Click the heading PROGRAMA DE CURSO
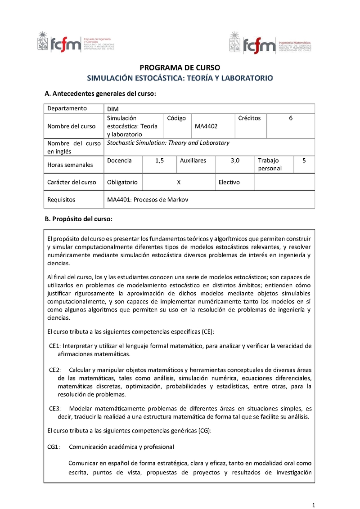pos(180,68)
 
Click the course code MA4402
pos(206,126)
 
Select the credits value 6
pos(291,118)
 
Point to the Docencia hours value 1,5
pos(159,160)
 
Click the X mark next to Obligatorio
pos(179,182)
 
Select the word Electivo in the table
pos(229,182)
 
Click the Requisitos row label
pos(61,199)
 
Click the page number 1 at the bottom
pos(314,491)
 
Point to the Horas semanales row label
pos(70,165)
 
